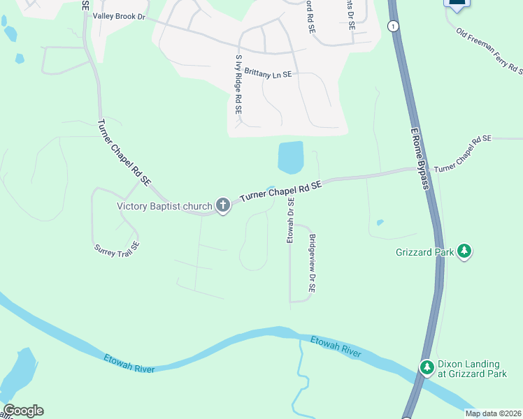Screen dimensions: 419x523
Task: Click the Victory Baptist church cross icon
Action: tap(223, 205)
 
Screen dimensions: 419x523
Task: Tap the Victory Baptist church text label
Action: tap(164, 206)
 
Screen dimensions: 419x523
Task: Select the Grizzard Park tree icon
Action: tap(464, 251)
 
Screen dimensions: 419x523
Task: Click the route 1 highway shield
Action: tap(394, 26)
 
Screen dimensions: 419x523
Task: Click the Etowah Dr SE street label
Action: tap(291, 220)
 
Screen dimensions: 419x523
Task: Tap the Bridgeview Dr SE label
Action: tap(313, 263)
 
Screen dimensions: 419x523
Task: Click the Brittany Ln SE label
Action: tap(268, 73)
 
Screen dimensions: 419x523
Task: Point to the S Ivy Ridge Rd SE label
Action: tap(238, 84)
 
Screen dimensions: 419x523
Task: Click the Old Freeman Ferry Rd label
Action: tap(489, 50)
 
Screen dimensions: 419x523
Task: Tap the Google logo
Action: tap(23, 411)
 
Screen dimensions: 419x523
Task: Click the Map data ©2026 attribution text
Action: tap(493, 413)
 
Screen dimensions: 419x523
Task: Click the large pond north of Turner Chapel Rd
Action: tap(290, 158)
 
